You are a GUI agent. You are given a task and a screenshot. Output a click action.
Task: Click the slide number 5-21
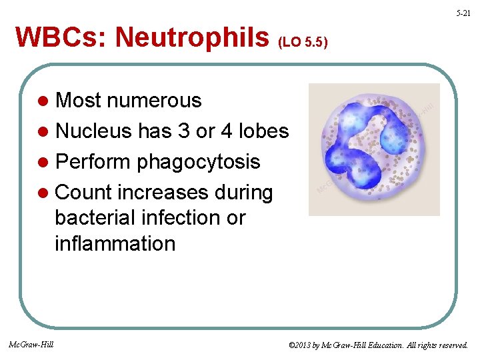463,13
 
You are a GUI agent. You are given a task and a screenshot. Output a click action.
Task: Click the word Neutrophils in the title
192,38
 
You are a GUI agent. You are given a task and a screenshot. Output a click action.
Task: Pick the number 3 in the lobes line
183,131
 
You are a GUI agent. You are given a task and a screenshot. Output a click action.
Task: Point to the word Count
84,193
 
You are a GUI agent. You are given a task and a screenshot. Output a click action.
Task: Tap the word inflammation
115,243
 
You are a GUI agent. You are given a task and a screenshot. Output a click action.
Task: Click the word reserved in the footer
450,345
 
